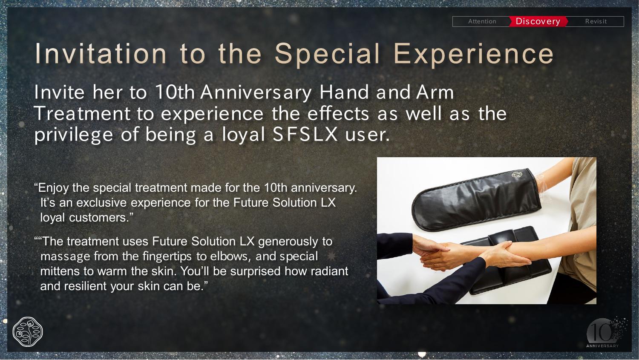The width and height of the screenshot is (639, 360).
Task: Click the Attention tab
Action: click(482, 21)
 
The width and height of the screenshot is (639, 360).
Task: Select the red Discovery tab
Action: click(538, 21)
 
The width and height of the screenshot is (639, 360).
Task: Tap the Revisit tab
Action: click(596, 21)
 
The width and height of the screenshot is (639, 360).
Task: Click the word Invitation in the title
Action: click(101, 54)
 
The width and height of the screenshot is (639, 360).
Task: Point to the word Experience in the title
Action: click(474, 55)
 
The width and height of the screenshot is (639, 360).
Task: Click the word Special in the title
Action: click(327, 55)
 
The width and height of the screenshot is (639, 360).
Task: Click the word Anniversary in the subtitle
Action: click(256, 93)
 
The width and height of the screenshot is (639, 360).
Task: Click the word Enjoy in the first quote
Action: click(53, 188)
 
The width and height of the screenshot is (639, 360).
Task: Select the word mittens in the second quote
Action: click(60, 271)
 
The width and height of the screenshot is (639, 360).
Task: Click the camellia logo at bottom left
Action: click(28, 332)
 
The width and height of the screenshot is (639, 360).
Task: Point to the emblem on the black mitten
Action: click(516, 174)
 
